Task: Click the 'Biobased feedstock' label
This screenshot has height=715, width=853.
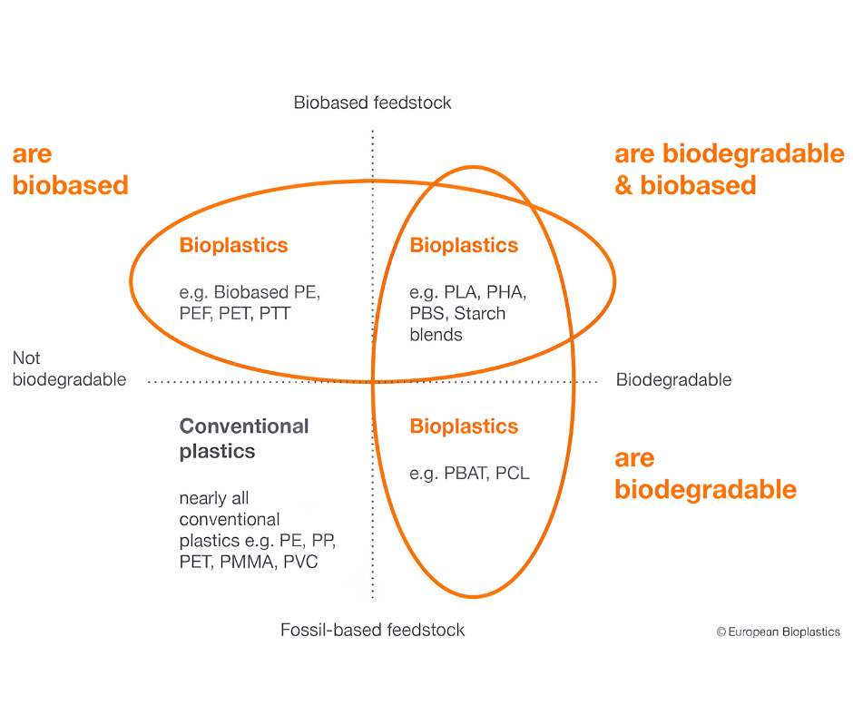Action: click(x=373, y=103)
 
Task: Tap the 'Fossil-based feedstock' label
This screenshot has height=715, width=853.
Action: click(x=373, y=630)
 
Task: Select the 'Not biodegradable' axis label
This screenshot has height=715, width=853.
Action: click(x=69, y=368)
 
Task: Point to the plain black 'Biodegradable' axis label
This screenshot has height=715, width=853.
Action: click(x=673, y=379)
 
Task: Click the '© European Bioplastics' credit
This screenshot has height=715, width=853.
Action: click(x=778, y=632)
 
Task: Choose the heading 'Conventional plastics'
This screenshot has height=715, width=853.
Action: click(x=244, y=438)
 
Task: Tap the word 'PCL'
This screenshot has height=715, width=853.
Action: click(x=513, y=473)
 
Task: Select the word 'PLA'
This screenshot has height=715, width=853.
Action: click(x=461, y=292)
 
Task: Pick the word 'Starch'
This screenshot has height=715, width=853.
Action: click(x=480, y=313)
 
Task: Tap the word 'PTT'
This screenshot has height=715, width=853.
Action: click(x=275, y=313)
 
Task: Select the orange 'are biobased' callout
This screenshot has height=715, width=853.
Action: click(x=71, y=170)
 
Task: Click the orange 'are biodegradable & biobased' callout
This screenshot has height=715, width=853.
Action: click(x=730, y=170)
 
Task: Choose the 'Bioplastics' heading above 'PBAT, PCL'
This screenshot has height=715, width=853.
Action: click(x=464, y=426)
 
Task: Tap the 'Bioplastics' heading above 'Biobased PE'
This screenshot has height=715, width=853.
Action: click(x=233, y=245)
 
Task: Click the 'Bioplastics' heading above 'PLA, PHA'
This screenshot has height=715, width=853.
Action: click(x=464, y=245)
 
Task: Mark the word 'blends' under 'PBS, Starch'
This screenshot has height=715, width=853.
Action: click(x=436, y=335)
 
